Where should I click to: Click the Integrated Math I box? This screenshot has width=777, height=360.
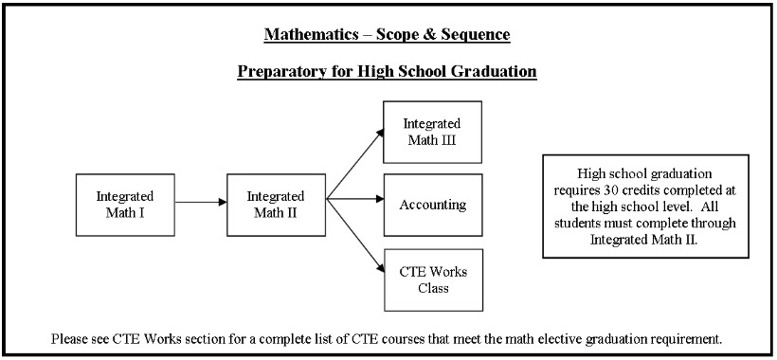tap(125, 205)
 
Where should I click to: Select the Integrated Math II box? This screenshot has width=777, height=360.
tap(276, 205)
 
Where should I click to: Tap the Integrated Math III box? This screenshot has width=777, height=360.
tap(432, 133)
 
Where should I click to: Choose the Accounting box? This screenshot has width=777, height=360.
tap(433, 205)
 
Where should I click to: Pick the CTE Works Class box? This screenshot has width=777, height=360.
tap(433, 279)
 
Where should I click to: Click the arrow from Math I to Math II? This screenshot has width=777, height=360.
tap(201, 202)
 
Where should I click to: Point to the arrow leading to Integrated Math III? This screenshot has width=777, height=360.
tap(355, 163)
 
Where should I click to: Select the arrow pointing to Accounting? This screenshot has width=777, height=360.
tap(355, 199)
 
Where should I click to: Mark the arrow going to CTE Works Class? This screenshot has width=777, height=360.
tap(355, 236)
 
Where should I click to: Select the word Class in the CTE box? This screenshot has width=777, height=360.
tap(433, 288)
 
